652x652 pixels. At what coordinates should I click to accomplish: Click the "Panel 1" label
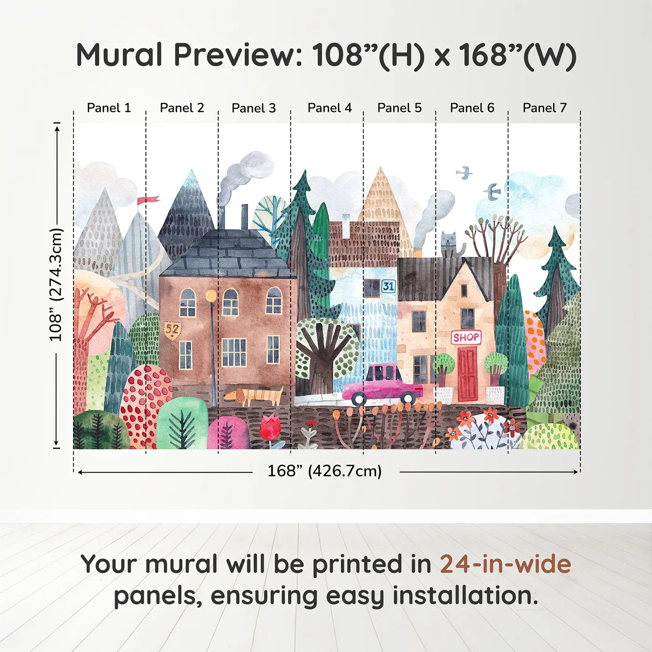(x=109, y=108)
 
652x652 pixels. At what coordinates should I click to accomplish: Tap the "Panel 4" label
(x=330, y=108)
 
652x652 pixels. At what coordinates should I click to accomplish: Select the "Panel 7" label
(x=544, y=108)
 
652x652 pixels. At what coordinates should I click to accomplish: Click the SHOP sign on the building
(x=466, y=337)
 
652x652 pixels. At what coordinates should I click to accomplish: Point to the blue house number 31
(x=388, y=286)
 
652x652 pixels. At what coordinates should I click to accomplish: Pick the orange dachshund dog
(x=254, y=396)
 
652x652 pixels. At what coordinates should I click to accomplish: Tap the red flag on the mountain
(x=148, y=200)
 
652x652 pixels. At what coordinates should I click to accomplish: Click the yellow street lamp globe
(x=211, y=295)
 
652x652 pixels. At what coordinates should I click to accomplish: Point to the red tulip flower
(x=270, y=428)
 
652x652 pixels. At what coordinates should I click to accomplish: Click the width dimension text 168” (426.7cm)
(x=324, y=471)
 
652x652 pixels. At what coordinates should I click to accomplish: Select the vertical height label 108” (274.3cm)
(x=56, y=285)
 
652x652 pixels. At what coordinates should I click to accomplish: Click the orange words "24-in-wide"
(x=505, y=564)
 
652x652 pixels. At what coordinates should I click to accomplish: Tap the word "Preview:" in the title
(x=238, y=55)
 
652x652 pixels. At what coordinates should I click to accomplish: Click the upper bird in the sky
(x=464, y=173)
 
